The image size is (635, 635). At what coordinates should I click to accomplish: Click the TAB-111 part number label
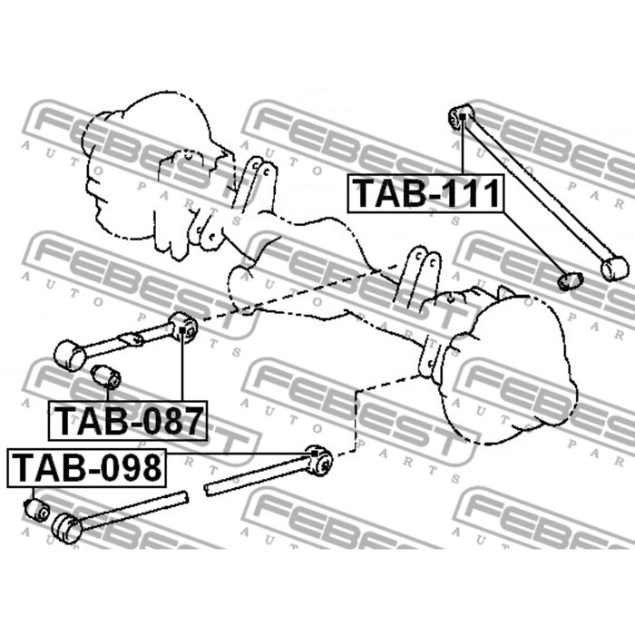click(425, 194)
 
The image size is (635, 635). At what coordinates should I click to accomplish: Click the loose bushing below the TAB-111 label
click(570, 280)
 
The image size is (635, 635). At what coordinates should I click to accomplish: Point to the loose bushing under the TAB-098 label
click(37, 509)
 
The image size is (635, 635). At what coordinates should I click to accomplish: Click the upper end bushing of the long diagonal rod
click(460, 115)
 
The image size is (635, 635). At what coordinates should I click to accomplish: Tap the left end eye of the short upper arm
click(69, 354)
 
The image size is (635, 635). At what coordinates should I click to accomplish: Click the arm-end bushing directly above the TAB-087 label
click(184, 326)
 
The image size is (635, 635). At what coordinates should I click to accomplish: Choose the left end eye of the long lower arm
click(68, 527)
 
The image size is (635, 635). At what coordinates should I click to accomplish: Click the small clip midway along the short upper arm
click(132, 340)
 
